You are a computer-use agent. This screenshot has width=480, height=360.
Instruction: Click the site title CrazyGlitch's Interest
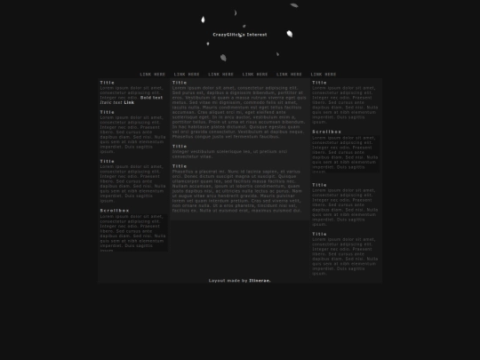pyautogui.click(x=240, y=35)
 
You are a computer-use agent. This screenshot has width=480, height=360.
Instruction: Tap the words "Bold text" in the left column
pyautogui.click(x=151, y=96)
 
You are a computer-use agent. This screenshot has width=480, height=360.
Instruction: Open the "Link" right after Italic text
pyautogui.click(x=130, y=102)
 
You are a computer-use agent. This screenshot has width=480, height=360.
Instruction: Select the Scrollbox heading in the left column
pyautogui.click(x=114, y=210)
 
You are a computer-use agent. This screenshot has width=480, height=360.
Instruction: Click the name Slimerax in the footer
pyautogui.click(x=260, y=280)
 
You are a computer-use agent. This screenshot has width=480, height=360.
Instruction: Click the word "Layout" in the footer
pyautogui.click(x=217, y=280)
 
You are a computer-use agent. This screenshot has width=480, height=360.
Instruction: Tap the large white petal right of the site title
pyautogui.click(x=289, y=34)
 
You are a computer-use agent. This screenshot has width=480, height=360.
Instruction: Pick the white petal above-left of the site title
pyautogui.click(x=204, y=19)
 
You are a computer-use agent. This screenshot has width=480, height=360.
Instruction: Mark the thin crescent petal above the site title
pyautogui.click(x=236, y=13)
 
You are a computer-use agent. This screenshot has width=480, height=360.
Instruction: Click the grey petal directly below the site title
pyautogui.click(x=223, y=58)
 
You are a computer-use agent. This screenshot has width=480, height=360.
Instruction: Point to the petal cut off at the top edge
pyautogui.click(x=294, y=4)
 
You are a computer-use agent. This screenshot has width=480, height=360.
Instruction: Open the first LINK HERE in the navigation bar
pyautogui.click(x=152, y=74)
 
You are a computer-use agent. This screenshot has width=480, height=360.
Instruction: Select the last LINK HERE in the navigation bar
pyautogui.click(x=324, y=74)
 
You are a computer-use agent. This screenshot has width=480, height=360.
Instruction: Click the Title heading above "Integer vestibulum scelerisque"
pyautogui.click(x=180, y=146)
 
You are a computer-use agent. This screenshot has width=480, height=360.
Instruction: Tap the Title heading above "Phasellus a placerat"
pyautogui.click(x=180, y=164)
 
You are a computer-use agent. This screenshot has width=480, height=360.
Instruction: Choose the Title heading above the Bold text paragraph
pyautogui.click(x=107, y=82)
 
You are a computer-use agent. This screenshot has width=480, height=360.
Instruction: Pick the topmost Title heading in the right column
pyautogui.click(x=319, y=82)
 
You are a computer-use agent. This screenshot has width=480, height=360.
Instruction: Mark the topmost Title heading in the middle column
pyautogui.click(x=180, y=82)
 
